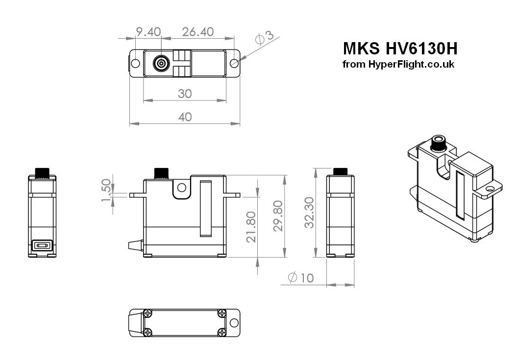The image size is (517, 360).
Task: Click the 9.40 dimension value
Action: [x=148, y=32]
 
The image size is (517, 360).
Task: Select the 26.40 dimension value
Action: [x=197, y=32]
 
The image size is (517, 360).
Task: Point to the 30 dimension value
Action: [x=185, y=94]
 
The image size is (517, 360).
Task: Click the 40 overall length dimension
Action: [x=185, y=117]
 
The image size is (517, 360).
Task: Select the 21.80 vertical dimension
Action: [x=251, y=227]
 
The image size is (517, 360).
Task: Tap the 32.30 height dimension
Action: [x=309, y=213]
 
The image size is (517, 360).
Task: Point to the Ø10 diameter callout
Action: [x=301, y=278]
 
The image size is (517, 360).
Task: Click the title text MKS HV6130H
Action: [x=400, y=48]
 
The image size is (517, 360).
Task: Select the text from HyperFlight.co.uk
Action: [x=398, y=64]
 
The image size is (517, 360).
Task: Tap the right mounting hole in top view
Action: [x=234, y=63]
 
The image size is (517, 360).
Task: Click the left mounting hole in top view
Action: [x=136, y=63]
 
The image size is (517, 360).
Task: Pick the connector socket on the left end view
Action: [x=42, y=246]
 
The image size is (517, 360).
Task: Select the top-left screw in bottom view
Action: [x=148, y=313]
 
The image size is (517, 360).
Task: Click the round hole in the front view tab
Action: [x=182, y=187]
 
